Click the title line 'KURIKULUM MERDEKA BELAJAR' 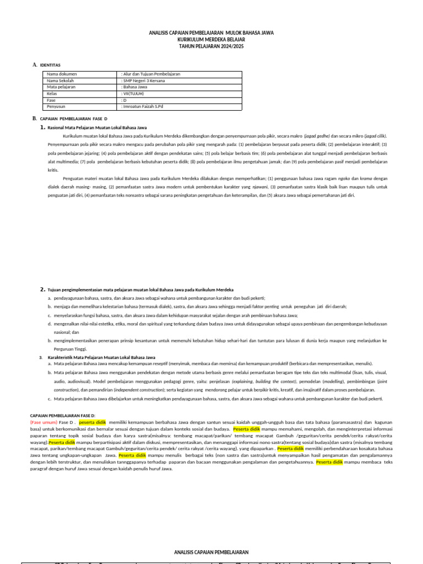click(x=211, y=40)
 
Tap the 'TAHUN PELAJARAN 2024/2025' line click(x=211, y=47)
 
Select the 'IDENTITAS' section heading click(x=50, y=65)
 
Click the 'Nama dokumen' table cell click(x=62, y=74)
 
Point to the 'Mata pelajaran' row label click(x=61, y=87)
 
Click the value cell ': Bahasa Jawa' click(x=134, y=87)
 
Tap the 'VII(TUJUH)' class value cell click(x=133, y=94)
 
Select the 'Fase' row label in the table click(x=52, y=100)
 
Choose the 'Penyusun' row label click(x=56, y=107)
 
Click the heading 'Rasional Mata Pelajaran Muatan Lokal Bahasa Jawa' click(x=97, y=127)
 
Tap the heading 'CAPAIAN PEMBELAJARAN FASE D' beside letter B click(x=74, y=118)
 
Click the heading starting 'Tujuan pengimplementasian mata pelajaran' click(x=140, y=289)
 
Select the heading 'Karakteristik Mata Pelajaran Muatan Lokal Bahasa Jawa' click(x=101, y=357)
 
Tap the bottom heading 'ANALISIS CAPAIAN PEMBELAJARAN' click(x=211, y=552)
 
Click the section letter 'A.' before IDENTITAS click(x=35, y=65)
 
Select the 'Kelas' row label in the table click(x=52, y=94)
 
